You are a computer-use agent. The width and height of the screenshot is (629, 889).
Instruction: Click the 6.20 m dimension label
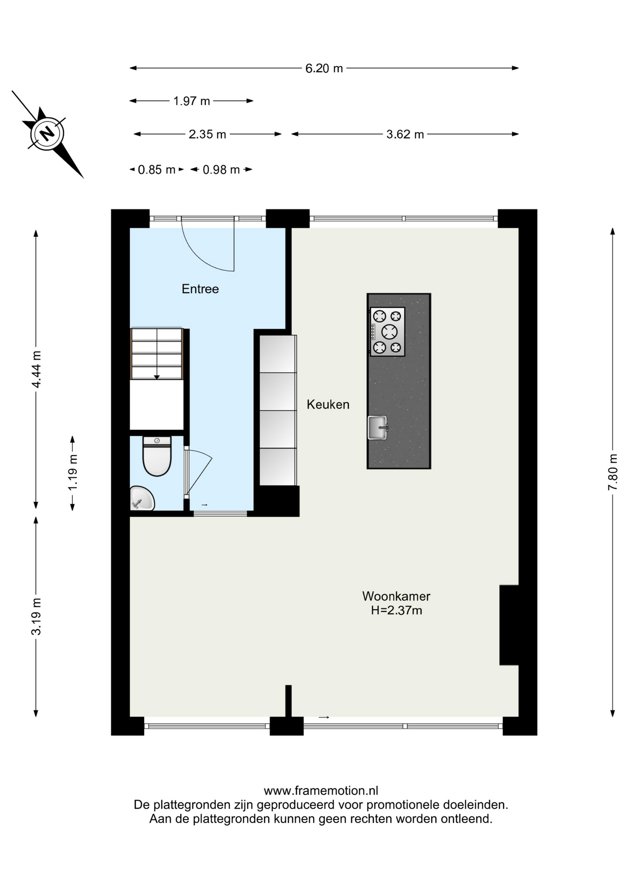pos(324,69)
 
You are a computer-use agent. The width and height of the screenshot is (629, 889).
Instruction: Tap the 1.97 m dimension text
pos(191,101)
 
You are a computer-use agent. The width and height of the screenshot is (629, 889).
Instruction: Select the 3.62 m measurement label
pos(405,134)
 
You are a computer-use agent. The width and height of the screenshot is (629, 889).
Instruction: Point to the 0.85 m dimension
pos(157,170)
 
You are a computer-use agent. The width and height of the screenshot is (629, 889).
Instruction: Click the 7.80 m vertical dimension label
pos(613,472)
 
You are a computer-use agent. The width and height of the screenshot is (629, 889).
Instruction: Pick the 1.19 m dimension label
pos(73,472)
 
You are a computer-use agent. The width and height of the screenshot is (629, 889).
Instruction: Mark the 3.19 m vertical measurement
pos(36,616)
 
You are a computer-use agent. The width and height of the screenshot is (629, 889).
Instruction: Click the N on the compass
pos(47,134)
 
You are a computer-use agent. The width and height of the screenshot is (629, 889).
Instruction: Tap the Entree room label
pos(200,289)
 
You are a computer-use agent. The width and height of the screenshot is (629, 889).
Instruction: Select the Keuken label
pos(328,405)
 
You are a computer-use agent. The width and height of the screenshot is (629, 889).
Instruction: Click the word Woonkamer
pos(396,596)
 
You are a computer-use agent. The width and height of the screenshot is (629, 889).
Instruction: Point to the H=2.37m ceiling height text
pos(396,610)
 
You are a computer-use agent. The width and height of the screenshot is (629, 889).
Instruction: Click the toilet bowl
pos(157,457)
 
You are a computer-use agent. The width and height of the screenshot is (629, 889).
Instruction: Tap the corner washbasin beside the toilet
pos(141,498)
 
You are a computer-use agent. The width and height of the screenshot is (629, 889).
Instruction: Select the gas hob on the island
pos(387,332)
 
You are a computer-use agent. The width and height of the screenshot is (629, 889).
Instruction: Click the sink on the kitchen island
pos(377,427)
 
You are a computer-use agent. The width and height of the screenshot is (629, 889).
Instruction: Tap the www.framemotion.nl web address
pos(321,791)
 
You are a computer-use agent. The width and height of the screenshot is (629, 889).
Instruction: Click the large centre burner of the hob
pos(390,332)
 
